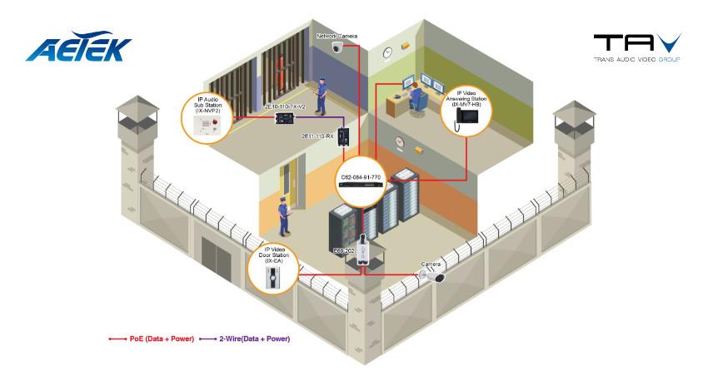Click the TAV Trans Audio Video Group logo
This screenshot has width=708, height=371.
tap(637, 47)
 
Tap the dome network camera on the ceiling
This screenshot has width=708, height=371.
tap(337, 48)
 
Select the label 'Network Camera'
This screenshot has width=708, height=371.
tap(338, 37)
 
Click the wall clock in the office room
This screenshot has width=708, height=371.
tap(388, 52)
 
